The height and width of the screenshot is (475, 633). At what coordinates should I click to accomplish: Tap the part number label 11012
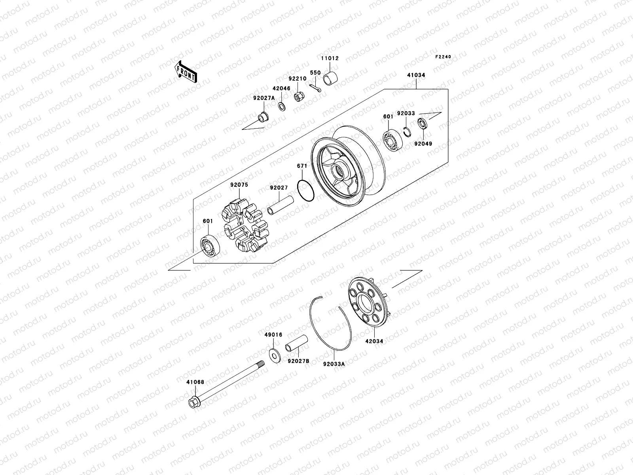(x=330, y=58)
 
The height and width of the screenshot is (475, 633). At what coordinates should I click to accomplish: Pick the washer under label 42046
(x=282, y=107)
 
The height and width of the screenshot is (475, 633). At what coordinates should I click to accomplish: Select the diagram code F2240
(x=443, y=57)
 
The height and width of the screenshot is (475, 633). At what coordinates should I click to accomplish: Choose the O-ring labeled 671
(x=305, y=190)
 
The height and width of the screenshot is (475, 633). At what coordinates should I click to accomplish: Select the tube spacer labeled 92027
(x=281, y=204)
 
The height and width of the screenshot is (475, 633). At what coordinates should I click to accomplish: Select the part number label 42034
(x=374, y=341)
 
